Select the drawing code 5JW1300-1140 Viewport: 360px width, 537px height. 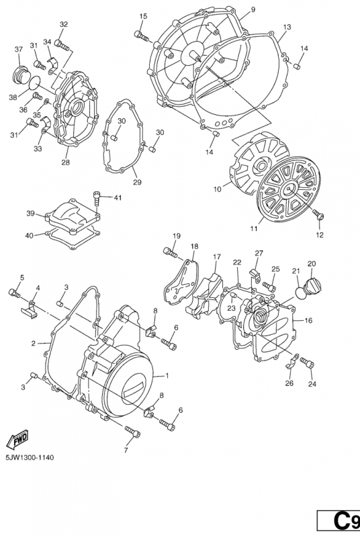point(30,458)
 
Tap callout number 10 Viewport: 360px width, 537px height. point(217,190)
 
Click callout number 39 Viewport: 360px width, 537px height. point(30,213)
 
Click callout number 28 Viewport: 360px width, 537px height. point(66,162)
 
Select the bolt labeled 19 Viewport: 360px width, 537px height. point(169,253)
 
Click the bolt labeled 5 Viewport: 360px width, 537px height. point(15,293)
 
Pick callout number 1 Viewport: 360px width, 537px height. point(167,375)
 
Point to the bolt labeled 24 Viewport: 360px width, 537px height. point(308,363)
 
